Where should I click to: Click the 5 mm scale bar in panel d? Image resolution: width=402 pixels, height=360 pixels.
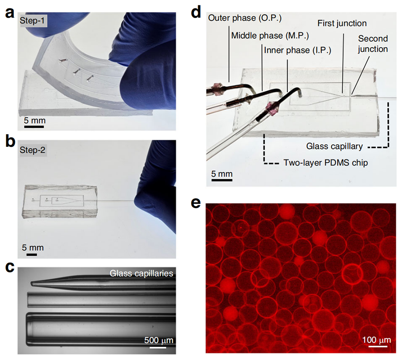pos(221,180)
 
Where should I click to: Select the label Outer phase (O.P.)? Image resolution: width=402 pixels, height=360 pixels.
pos(240,19)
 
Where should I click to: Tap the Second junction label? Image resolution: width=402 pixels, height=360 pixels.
pos(372,43)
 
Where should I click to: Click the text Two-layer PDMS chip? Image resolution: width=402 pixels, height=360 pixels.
pos(326,162)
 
